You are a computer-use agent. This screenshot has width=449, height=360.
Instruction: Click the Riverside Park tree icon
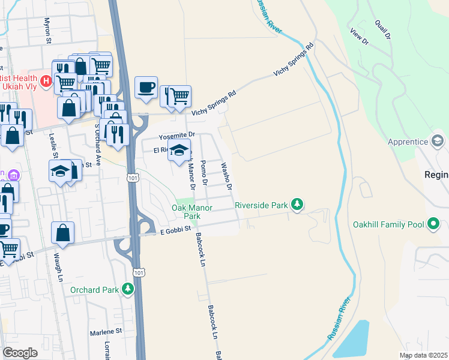pyautogui.click(x=297, y=205)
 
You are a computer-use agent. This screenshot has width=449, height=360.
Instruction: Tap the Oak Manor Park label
pyautogui.click(x=185, y=211)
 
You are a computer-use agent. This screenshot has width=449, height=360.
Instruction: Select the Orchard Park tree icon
pyautogui.click(x=127, y=289)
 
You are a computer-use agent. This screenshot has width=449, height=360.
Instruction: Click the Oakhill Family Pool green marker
pyautogui.click(x=433, y=225)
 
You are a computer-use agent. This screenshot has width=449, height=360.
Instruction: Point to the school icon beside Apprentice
pyautogui.click(x=438, y=142)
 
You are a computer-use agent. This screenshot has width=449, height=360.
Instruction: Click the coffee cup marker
pyautogui.click(x=146, y=88)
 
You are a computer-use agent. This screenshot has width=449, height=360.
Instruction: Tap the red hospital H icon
pyautogui.click(x=46, y=80)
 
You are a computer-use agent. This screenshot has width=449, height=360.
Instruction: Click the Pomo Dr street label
pyautogui.click(x=203, y=172)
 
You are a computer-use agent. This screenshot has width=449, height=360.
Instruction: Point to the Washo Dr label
pyautogui.click(x=226, y=176)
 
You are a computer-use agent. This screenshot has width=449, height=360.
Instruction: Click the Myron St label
pyautogui.click(x=47, y=31)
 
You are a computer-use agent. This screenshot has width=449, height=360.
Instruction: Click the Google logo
pyautogui.click(x=20, y=353)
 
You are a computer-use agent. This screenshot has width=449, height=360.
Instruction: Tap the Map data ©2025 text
pyautogui.click(x=423, y=355)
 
